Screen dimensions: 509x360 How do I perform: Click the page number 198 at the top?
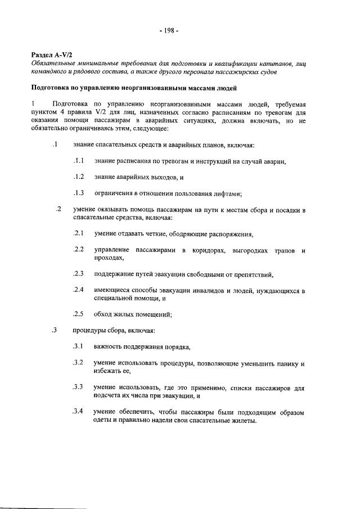point(168,30)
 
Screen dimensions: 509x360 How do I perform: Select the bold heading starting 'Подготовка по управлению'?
point(134,88)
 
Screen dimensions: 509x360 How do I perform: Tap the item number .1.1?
point(79,161)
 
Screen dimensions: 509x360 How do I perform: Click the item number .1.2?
point(79,177)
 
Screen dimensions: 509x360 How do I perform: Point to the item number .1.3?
point(79,193)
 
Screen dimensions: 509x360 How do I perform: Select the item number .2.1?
point(79,233)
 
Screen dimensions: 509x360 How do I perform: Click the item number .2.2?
point(79,249)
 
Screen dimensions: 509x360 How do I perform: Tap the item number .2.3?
point(79,274)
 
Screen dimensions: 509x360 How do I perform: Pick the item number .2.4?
point(79,290)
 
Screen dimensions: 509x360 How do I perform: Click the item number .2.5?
point(79,314)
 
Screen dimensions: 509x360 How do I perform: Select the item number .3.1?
point(79,346)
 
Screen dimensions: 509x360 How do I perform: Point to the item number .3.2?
point(79,363)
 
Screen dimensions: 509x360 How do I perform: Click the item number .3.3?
point(79,387)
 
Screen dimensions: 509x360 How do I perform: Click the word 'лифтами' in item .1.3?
point(227,194)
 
